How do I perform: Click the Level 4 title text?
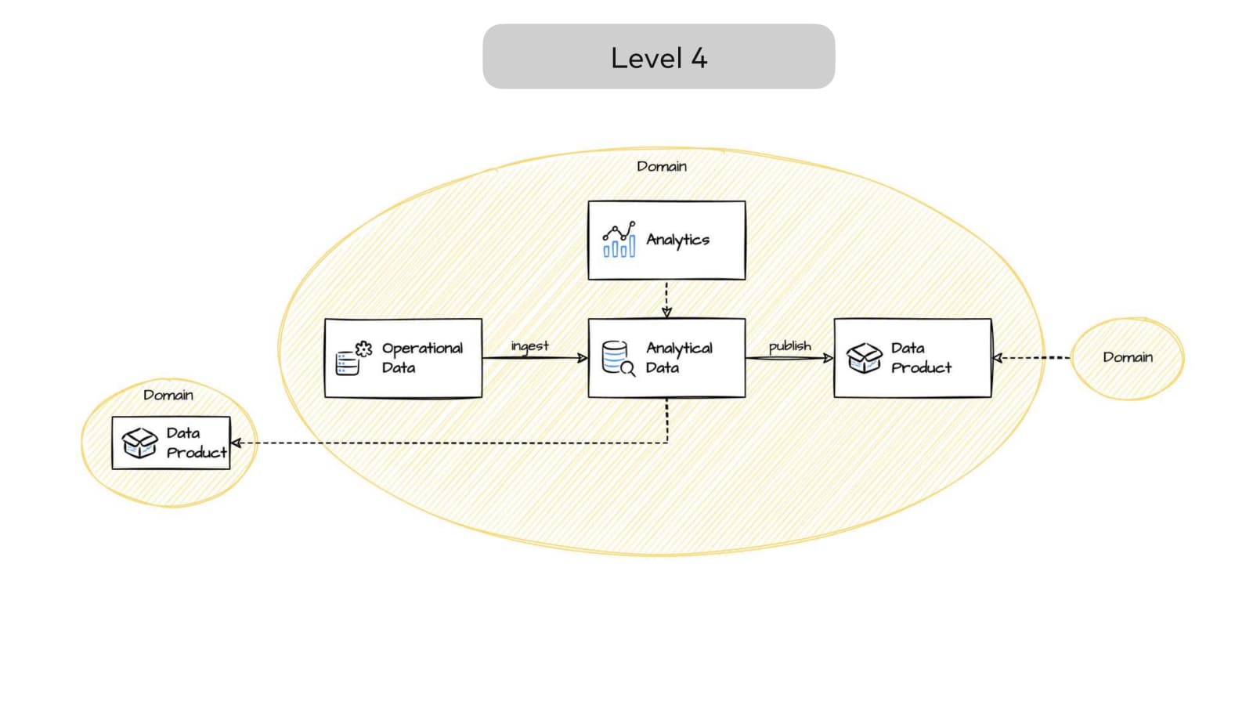[659, 58]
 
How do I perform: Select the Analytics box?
[666, 240]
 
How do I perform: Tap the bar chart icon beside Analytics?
[619, 240]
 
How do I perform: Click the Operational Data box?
[403, 358]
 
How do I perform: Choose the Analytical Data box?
[666, 358]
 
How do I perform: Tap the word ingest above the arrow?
[530, 345]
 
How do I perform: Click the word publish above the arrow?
[789, 345]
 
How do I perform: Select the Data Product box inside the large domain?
[912, 358]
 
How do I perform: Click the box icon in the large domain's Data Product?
[865, 358]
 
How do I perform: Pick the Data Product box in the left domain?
[172, 443]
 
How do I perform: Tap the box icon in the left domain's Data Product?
[139, 443]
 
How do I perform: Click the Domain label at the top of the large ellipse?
[662, 166]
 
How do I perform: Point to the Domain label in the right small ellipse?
[1128, 357]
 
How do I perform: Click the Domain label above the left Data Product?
[168, 395]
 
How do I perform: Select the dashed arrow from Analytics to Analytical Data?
[666, 298]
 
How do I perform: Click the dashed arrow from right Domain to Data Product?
[1031, 358]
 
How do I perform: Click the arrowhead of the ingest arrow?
[582, 358]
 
